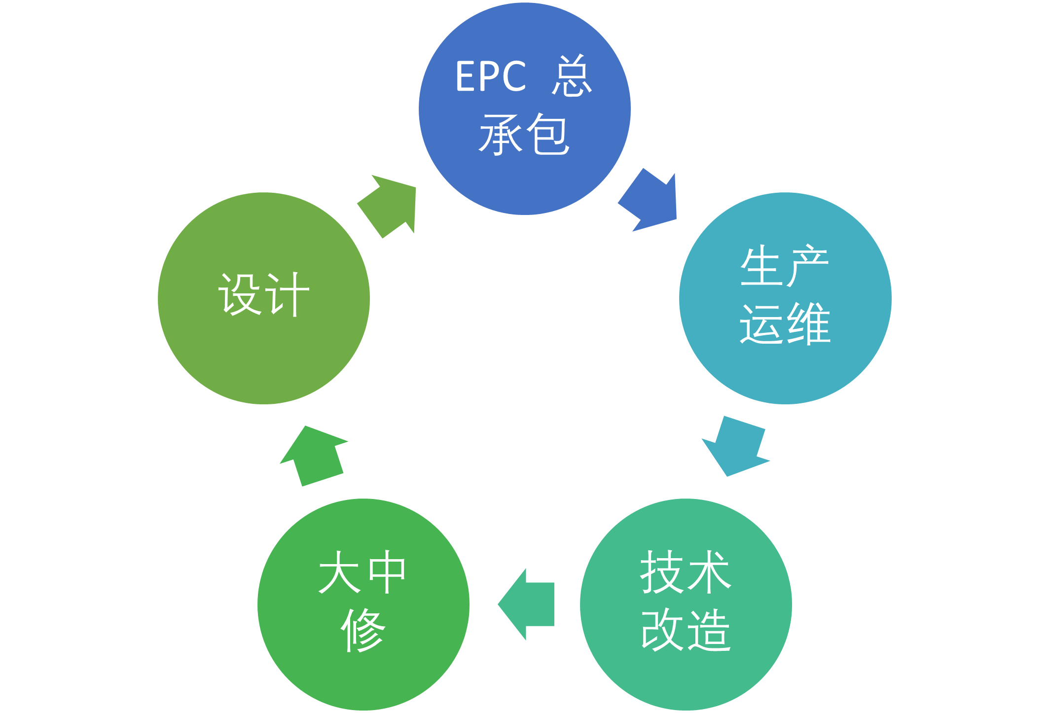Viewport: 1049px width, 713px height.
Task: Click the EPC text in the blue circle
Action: pos(491,76)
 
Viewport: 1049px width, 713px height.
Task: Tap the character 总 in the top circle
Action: pos(572,76)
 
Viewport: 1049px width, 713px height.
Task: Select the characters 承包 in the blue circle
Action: pos(524,134)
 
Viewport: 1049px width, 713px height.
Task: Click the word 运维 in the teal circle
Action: pos(785,323)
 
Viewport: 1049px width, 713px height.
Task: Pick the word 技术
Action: pos(686,572)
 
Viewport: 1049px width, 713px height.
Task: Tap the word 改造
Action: pos(686,630)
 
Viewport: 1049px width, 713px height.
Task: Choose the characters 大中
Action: pos(362,572)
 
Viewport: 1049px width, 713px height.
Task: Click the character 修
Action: pos(363,630)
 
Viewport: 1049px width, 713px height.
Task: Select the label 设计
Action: pos(264,294)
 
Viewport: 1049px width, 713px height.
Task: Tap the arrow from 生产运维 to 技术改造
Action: pos(735,446)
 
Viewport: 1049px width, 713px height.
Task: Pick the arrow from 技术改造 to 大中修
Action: pos(526,605)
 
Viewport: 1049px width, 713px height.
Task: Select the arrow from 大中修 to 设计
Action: pos(314,456)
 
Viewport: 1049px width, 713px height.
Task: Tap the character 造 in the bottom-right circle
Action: pos(709,630)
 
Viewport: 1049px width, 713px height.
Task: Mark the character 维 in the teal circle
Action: pos(809,323)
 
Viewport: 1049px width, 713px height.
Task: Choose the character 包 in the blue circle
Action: pos(548,134)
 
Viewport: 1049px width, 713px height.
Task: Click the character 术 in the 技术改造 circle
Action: pos(709,572)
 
